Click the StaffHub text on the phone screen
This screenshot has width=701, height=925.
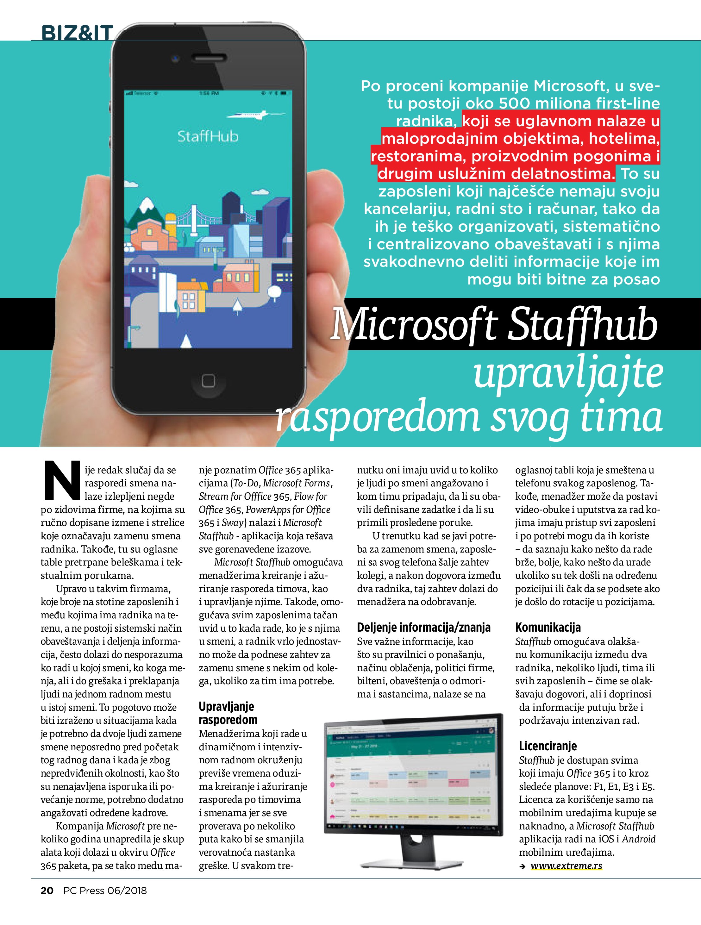(x=208, y=136)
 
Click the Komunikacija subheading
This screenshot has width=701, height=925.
(x=548, y=627)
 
